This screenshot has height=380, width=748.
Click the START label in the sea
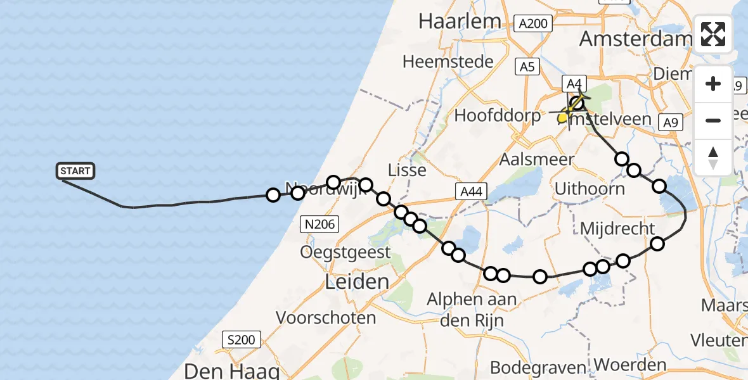(x=76, y=171)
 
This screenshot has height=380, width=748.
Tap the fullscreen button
(x=713, y=34)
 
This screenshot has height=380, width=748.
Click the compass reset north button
(x=713, y=157)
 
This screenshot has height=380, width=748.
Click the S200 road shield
(x=242, y=340)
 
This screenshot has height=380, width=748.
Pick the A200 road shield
(x=533, y=24)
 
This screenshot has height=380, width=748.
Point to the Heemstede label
(x=448, y=62)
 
